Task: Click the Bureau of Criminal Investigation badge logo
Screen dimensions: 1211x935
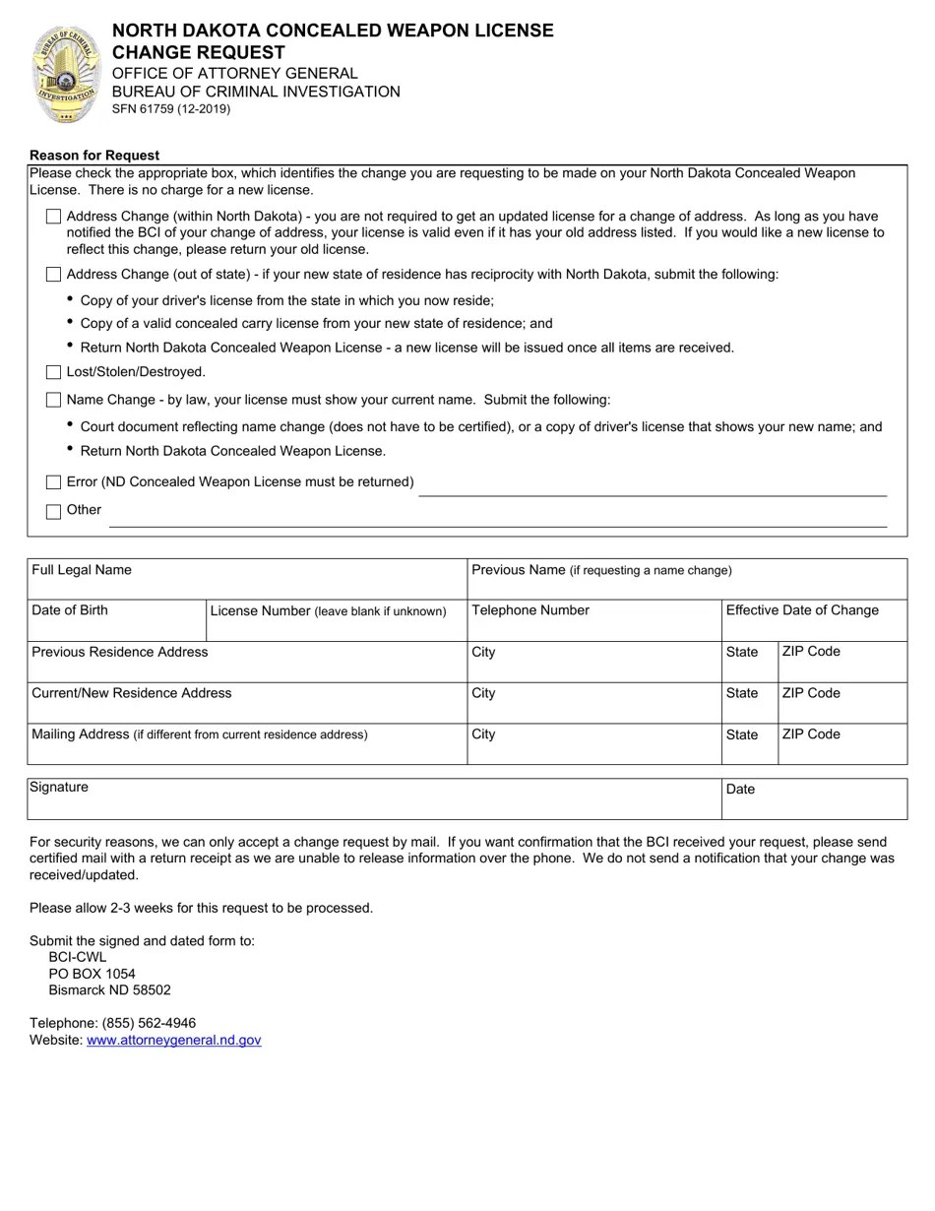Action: pos(67,75)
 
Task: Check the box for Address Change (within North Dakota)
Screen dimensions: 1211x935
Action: pos(53,217)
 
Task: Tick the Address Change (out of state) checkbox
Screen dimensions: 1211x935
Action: pos(53,275)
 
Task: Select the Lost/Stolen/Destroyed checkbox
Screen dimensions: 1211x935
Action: pos(53,372)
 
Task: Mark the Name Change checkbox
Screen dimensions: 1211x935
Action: pos(53,400)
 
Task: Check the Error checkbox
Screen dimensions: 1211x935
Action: pos(53,482)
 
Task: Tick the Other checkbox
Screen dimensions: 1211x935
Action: pos(53,511)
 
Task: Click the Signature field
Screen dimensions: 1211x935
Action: pos(374,804)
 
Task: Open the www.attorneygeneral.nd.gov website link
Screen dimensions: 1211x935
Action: pos(174,1040)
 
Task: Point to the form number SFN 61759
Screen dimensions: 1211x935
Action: pos(170,109)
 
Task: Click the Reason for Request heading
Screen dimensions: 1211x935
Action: pos(94,156)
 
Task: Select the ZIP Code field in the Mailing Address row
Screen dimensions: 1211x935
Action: pos(841,750)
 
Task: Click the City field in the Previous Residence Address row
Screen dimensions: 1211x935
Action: pos(593,668)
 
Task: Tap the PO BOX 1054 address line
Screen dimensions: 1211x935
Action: pos(93,974)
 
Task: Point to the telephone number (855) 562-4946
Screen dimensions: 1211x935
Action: pos(149,1023)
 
